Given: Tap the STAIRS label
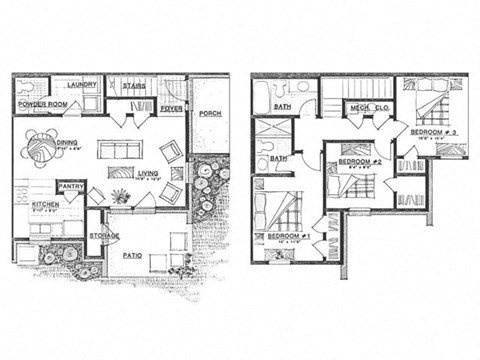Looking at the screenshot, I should [135, 86].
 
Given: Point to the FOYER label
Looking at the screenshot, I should [172, 108].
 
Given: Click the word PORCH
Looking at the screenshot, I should [210, 113].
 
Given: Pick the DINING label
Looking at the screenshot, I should [68, 142].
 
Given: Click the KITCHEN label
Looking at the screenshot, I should [45, 204].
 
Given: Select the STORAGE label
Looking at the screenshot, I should [104, 236].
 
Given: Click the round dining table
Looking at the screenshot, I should [41, 149].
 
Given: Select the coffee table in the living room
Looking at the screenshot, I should [119, 149].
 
